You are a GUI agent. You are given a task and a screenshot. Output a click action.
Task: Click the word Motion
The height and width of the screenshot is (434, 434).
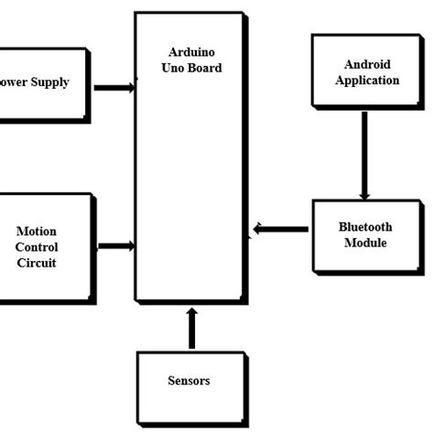pos(37,232)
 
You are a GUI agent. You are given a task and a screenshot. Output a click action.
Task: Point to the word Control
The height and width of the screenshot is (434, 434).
pos(37,247)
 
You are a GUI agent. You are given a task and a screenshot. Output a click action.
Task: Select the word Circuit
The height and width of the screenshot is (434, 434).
pos(37,263)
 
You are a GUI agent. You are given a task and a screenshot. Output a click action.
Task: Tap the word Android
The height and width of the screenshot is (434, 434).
pos(367,64)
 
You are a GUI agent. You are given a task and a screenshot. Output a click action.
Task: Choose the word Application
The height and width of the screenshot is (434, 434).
pos(367,80)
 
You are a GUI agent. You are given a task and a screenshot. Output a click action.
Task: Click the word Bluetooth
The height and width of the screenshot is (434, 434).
pos(365,227)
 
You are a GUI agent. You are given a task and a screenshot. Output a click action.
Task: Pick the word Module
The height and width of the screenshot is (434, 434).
pos(365,243)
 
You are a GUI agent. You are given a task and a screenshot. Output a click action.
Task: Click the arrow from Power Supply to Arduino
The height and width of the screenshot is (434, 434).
pos(114,88)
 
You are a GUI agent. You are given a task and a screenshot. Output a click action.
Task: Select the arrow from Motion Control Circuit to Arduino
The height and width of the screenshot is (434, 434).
pos(115,245)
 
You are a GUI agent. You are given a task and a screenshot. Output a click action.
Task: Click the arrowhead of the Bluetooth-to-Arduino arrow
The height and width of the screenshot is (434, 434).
pos(258,228)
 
